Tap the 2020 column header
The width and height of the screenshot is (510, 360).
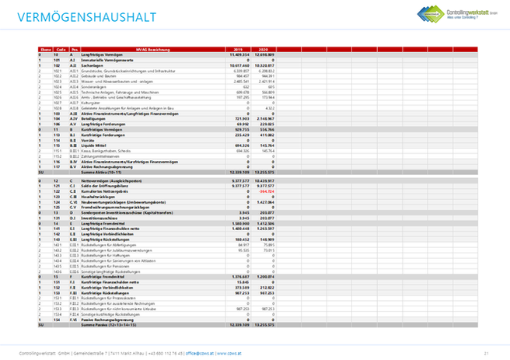tap(264, 48)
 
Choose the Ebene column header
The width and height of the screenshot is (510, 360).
tap(44, 48)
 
